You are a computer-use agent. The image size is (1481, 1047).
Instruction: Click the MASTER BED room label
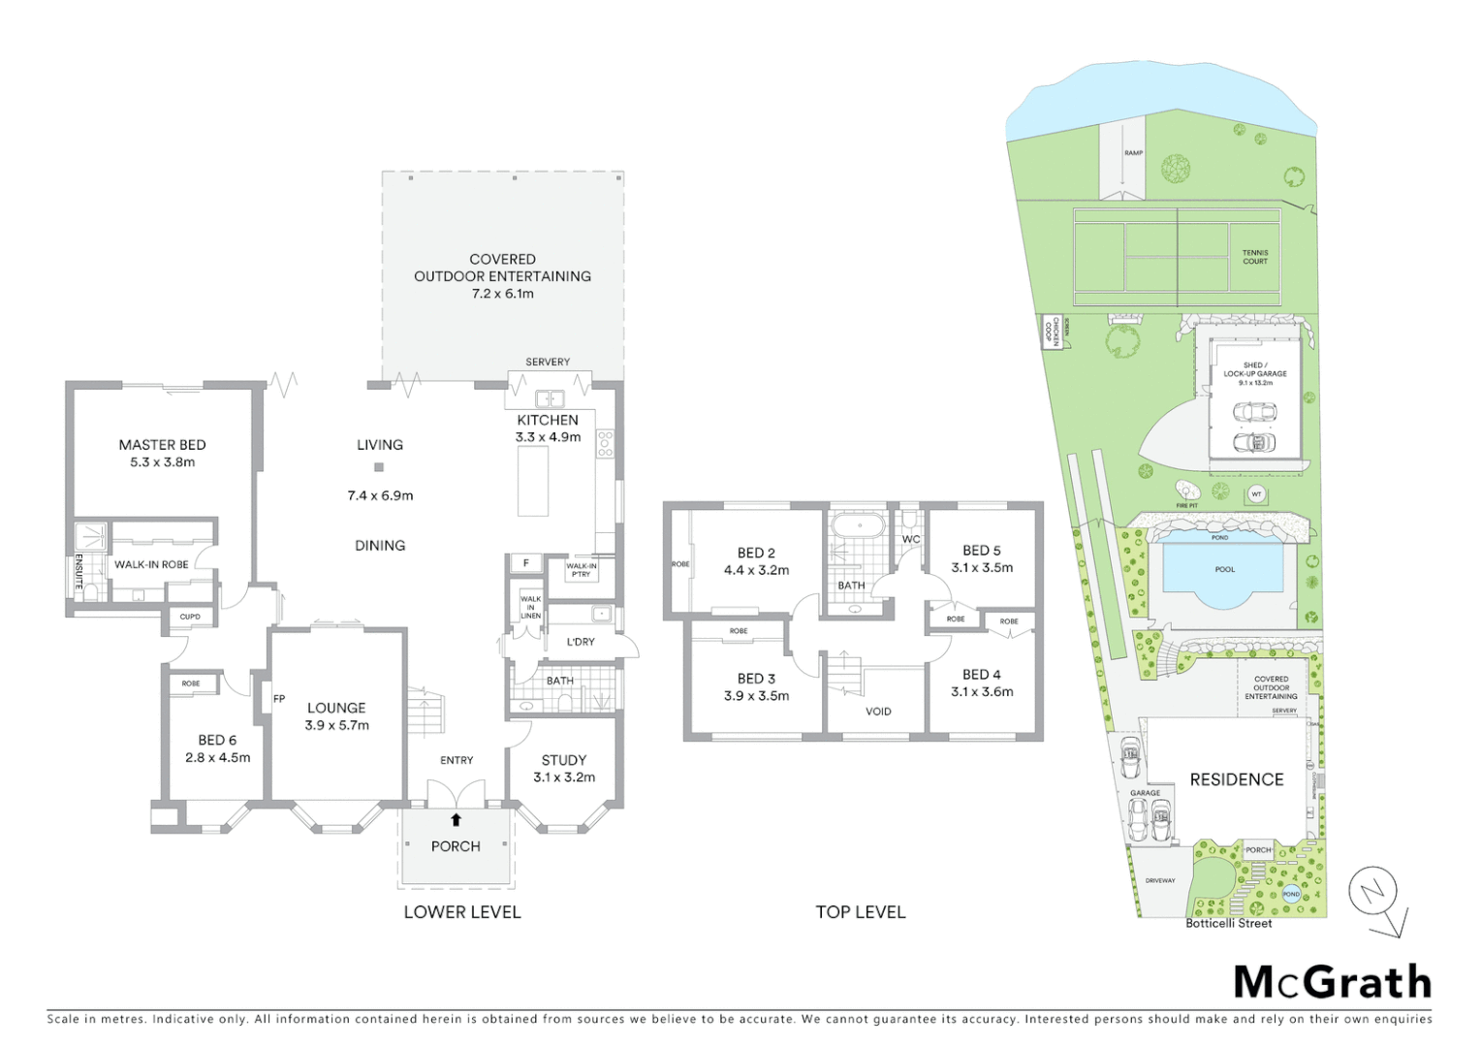tap(162, 445)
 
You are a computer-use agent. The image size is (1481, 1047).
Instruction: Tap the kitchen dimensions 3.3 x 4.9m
tap(548, 437)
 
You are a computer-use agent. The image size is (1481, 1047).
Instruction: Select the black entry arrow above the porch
tap(456, 819)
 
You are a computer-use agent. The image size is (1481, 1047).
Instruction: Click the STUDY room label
tap(564, 760)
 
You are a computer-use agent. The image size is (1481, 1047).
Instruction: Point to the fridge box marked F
tap(526, 563)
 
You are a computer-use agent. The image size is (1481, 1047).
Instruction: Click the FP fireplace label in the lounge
tap(279, 698)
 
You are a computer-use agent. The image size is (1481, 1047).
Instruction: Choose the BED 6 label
tap(217, 740)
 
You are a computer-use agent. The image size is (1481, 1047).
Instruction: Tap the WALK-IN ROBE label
tap(151, 564)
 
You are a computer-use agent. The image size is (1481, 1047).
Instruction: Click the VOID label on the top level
tap(878, 712)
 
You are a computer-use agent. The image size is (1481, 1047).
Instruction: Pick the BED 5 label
tap(982, 551)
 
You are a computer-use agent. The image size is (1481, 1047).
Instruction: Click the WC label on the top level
tap(911, 540)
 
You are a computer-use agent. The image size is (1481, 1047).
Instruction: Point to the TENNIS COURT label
tap(1255, 257)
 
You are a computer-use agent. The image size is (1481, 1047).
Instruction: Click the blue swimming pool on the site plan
tap(1225, 572)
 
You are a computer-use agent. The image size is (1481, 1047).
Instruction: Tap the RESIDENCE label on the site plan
tap(1236, 779)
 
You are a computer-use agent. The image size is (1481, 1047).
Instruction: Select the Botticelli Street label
tap(1228, 923)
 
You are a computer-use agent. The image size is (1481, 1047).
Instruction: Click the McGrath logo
tap(1333, 982)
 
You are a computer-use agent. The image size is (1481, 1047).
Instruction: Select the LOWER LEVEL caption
tap(462, 912)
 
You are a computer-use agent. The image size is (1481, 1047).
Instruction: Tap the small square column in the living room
tap(379, 467)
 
